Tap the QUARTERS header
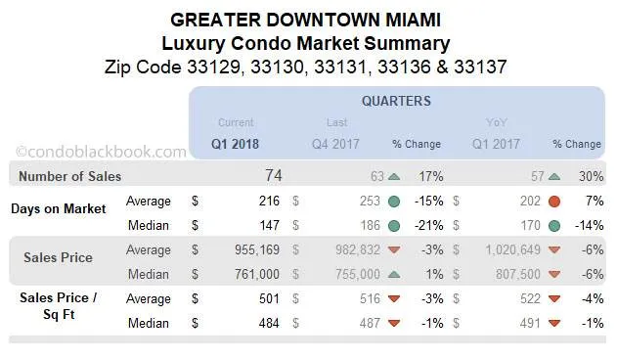coord(395,101)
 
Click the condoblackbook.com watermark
coord(102,152)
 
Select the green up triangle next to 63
coord(393,177)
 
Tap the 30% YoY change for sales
coord(590,177)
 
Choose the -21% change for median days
coord(429,226)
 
